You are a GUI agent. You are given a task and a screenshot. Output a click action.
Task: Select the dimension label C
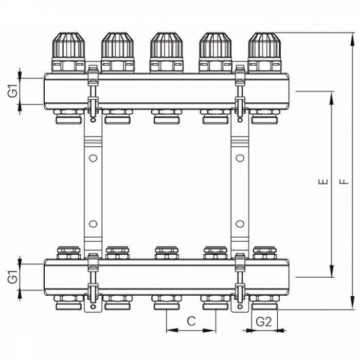tap(191, 321)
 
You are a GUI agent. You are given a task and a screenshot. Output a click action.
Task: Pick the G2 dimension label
tap(264, 321)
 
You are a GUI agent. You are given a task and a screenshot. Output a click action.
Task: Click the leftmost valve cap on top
tap(68, 46)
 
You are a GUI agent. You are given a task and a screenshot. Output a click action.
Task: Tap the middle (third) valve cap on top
tap(167, 46)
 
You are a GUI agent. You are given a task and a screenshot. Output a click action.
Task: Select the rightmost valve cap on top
tap(264, 46)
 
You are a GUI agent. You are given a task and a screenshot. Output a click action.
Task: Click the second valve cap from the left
tap(118, 46)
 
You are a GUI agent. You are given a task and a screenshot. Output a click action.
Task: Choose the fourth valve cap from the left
tap(215, 46)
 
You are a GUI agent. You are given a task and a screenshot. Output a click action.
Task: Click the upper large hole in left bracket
tap(93, 158)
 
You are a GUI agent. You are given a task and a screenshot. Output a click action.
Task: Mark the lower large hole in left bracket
tap(93, 224)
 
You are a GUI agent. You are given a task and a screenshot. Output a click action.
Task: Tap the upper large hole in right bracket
tap(240, 158)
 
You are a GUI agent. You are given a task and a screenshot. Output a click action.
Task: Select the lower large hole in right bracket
tap(240, 224)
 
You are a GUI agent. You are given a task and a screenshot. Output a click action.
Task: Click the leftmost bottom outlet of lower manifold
tap(68, 303)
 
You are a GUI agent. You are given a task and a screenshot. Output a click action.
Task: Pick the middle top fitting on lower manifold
tap(167, 253)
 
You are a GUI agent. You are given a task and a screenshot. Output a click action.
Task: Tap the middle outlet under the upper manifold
tap(167, 117)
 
